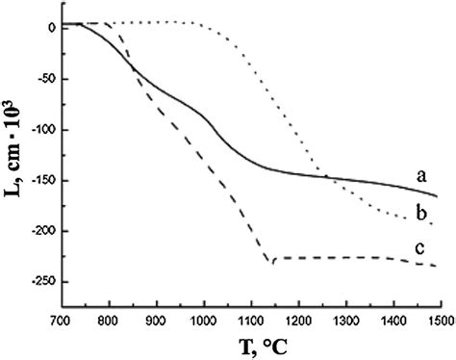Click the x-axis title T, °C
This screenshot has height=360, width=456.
coord(252,344)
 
